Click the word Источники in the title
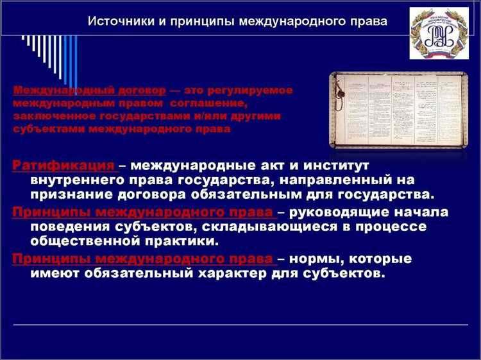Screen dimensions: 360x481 coord(118,22)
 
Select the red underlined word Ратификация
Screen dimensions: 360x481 coord(63,166)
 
